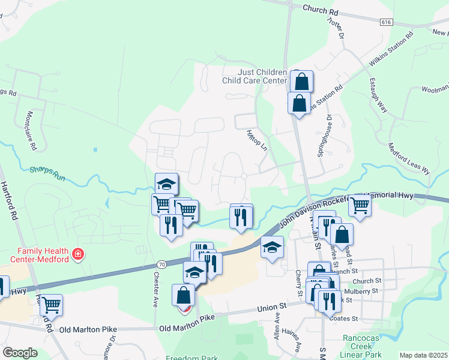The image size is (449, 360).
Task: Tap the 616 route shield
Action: [x=387, y=22]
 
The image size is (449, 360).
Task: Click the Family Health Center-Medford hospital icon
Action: [x=77, y=255]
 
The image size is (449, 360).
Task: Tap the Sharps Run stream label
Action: [x=47, y=172]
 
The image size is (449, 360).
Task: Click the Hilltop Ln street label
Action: [x=256, y=140]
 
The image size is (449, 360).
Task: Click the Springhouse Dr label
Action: [x=327, y=137]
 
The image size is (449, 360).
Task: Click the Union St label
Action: [x=270, y=308]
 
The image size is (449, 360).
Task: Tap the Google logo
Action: [x=20, y=353]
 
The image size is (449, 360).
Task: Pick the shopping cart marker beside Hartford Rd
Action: [x=51, y=305]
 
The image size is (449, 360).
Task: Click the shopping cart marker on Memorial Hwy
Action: [x=360, y=205]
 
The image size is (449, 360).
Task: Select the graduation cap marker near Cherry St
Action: [x=272, y=247]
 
